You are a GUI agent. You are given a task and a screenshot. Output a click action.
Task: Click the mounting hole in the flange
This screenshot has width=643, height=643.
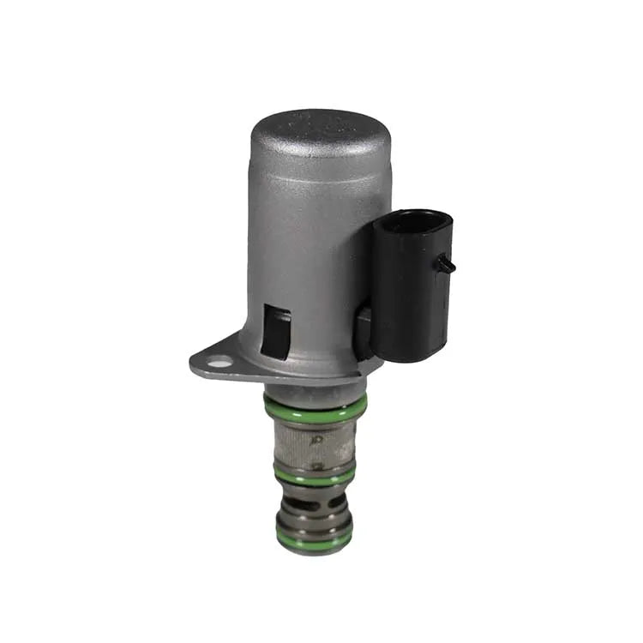pyautogui.click(x=220, y=363)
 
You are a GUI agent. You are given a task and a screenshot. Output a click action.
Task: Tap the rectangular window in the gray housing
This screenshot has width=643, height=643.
pyautogui.click(x=275, y=332)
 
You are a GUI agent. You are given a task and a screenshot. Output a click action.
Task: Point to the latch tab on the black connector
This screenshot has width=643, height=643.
pyautogui.click(x=446, y=265)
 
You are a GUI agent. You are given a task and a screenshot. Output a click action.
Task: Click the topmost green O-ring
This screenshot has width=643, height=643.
pyautogui.click(x=315, y=406)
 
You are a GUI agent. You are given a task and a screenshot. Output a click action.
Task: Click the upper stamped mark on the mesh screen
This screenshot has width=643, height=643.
pyautogui.click(x=318, y=438)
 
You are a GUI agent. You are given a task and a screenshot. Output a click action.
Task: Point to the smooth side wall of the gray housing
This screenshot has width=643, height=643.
pyautogui.click(x=309, y=249)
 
